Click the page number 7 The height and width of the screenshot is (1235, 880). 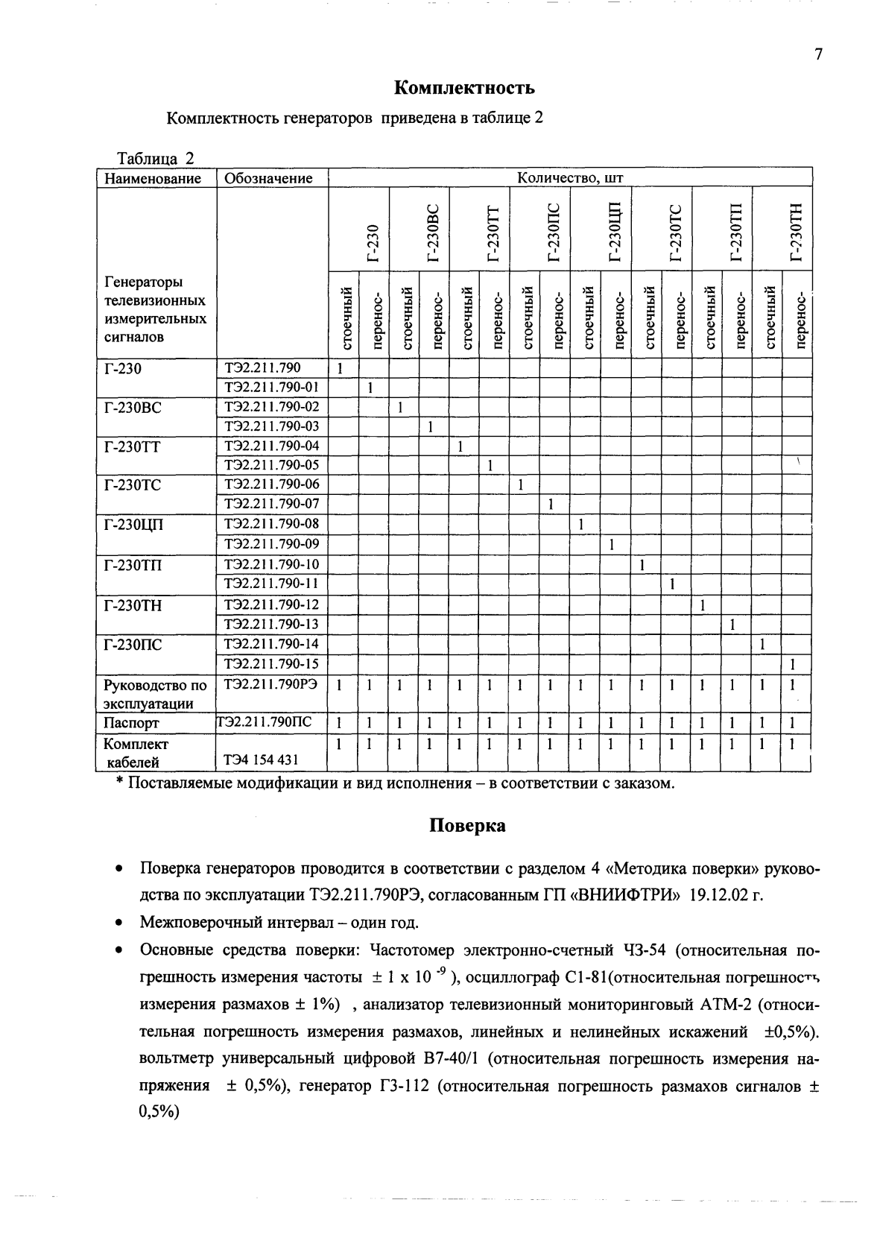click(818, 55)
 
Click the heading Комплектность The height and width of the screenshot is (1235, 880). click(463, 88)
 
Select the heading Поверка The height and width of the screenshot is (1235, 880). click(466, 825)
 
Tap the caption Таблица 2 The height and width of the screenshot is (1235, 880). click(156, 159)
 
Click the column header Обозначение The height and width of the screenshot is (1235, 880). click(268, 178)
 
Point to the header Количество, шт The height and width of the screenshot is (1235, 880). click(570, 178)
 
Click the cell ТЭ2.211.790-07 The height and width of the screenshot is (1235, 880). click(271, 504)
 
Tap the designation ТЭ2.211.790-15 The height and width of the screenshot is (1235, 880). click(271, 663)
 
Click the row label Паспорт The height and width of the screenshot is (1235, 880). click(131, 723)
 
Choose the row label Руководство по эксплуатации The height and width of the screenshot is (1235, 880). click(154, 693)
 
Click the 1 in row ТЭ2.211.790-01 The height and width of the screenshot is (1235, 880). click(370, 388)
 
